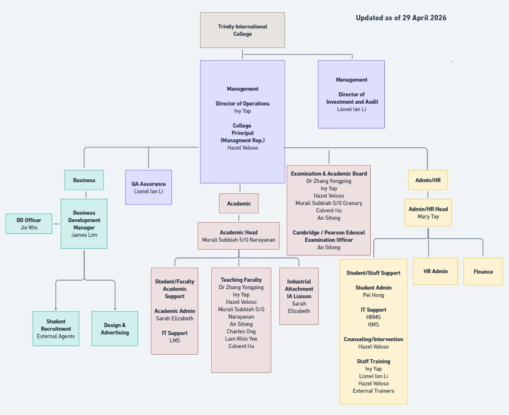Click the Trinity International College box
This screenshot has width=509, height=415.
(242, 30)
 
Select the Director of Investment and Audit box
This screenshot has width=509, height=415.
(351, 94)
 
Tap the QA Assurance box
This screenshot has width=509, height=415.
(148, 187)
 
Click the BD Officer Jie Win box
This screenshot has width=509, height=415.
(29, 223)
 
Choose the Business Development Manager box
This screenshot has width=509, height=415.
(84, 223)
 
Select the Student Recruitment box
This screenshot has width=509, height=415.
(56, 328)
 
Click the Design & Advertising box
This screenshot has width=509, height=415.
(115, 328)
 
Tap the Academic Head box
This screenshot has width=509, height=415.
(239, 236)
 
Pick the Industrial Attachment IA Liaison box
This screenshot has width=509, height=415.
(299, 296)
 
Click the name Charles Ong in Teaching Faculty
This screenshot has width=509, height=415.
(241, 332)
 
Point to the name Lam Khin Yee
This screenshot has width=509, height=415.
(241, 339)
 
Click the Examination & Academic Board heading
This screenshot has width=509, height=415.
(328, 174)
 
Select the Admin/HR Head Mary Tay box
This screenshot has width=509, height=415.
(428, 212)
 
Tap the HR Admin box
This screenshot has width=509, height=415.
(435, 271)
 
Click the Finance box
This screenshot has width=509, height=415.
(483, 271)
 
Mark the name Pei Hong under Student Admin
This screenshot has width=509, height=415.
(373, 295)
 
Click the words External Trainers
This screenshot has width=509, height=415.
(373, 391)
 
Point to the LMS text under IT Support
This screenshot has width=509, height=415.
(174, 341)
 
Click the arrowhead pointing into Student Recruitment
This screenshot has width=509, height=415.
(56, 308)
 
